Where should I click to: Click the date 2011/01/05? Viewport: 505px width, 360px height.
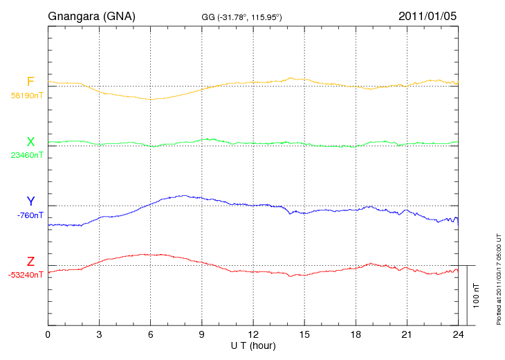428,15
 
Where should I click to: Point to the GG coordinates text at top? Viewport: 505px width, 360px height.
241,17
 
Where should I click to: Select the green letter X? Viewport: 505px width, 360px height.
30,142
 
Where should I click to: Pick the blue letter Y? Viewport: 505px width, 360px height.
30,201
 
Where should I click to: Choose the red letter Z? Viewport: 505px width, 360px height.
30,262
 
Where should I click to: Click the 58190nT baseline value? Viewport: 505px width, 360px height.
26,96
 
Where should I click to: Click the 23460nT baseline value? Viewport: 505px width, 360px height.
26,155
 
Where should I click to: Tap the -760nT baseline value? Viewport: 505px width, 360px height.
30,215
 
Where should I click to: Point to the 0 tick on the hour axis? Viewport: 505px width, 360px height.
48,334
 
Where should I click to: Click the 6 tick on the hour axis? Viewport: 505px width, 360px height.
150,334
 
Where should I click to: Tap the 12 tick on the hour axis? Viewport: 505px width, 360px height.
253,334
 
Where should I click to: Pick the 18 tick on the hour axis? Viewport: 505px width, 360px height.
356,334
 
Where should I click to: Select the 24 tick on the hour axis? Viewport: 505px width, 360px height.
458,334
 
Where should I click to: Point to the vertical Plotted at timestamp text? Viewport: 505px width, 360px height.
498,277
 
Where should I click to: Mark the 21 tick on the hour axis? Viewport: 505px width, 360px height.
407,334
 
